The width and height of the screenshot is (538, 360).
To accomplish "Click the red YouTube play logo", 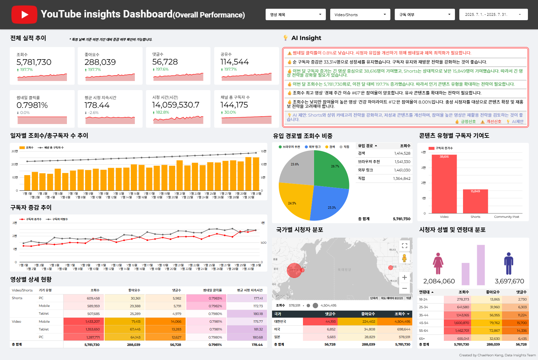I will (24, 14).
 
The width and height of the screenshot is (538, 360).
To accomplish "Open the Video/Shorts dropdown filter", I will (360, 14).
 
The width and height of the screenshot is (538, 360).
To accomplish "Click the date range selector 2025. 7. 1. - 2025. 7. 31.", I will (493, 14).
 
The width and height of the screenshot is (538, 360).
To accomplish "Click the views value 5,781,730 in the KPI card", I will (34, 62).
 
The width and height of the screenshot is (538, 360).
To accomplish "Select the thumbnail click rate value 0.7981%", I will (32, 105).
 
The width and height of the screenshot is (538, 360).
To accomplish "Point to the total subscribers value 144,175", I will (234, 105).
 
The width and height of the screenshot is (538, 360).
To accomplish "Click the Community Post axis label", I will (506, 217).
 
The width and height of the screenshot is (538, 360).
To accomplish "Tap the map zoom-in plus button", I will (405, 278).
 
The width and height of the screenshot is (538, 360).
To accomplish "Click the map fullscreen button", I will (405, 246).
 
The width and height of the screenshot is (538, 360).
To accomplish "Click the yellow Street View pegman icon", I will (405, 258).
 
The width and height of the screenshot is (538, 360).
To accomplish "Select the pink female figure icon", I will (438, 264).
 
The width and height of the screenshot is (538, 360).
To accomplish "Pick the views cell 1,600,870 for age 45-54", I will (461, 323).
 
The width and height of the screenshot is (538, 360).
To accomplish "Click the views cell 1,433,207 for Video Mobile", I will (92, 322).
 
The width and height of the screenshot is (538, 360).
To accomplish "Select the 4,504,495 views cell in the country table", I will (402, 322).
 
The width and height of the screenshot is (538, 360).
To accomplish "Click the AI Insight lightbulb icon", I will (285, 38).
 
